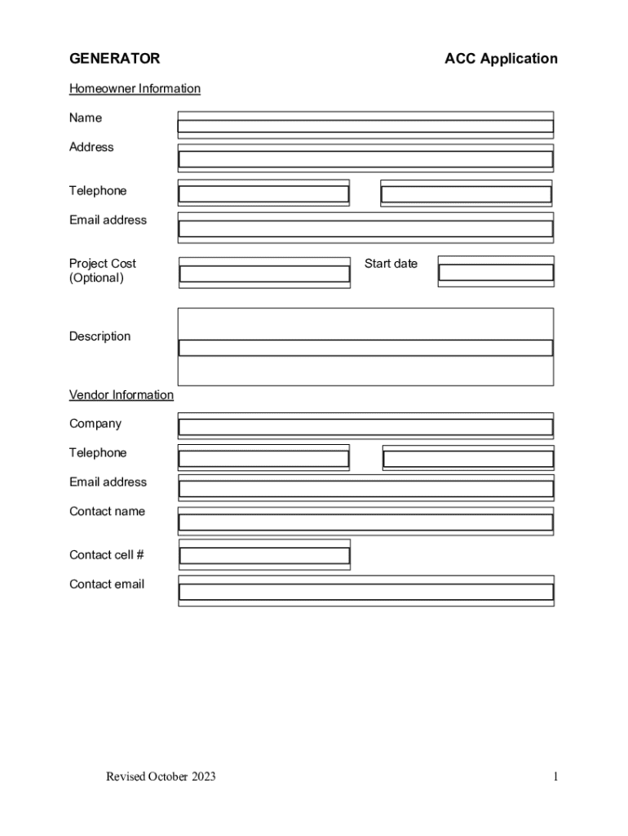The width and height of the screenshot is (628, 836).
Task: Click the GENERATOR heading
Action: click(x=114, y=59)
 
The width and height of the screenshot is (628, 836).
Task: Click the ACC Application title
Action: click(x=501, y=59)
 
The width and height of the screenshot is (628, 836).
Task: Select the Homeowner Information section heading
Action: click(x=135, y=88)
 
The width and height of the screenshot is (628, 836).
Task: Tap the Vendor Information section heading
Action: click(x=122, y=395)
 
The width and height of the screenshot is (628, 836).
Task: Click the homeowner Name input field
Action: click(x=365, y=126)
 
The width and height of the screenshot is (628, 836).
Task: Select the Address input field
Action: click(x=365, y=159)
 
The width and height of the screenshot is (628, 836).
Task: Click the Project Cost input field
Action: click(x=264, y=273)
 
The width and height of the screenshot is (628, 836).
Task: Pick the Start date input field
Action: click(x=496, y=272)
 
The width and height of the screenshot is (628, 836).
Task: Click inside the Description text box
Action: click(x=365, y=347)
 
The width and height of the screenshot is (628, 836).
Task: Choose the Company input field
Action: click(x=365, y=426)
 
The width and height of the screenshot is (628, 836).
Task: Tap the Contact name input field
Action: click(x=365, y=522)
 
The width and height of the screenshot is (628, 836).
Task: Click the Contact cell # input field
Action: click(x=264, y=555)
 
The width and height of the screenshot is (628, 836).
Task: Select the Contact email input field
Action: click(x=365, y=591)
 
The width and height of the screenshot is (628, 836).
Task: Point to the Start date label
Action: click(x=391, y=264)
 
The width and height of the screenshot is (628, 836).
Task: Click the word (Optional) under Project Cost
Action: click(x=96, y=278)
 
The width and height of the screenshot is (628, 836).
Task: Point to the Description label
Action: click(x=100, y=336)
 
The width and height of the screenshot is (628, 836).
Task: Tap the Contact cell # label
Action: click(x=107, y=555)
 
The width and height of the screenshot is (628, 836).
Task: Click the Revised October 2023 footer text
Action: click(x=161, y=776)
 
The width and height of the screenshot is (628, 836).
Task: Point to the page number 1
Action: click(x=555, y=776)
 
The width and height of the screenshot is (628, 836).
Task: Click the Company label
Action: click(x=95, y=424)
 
